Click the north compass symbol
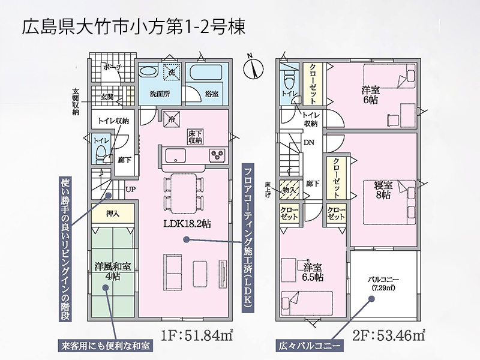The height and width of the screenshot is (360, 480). [253, 67]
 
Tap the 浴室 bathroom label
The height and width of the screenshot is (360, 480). [212, 94]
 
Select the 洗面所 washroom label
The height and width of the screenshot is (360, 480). [160, 94]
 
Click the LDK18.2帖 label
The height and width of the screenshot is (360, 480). [187, 224]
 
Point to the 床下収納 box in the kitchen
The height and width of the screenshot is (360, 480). [195, 137]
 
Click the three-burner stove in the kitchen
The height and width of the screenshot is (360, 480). [218, 154]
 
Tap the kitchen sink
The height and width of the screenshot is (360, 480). [175, 155]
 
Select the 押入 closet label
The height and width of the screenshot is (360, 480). [113, 214]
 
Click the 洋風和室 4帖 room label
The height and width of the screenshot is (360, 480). [112, 271]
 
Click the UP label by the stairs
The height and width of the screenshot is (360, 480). [130, 190]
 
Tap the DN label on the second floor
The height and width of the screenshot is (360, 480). [309, 142]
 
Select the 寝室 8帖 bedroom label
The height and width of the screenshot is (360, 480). [383, 190]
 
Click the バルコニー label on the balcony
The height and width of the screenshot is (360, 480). [383, 280]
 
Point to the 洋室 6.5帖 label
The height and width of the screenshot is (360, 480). [313, 272]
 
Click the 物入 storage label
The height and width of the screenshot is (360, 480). [289, 190]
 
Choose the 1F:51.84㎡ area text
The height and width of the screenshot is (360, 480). [197, 336]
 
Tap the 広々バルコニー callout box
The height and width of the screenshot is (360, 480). [309, 346]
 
